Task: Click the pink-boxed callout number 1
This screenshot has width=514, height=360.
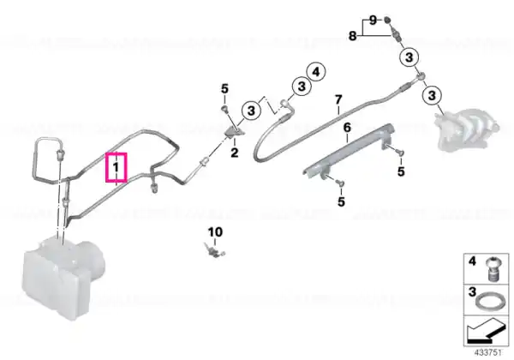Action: click(116, 167)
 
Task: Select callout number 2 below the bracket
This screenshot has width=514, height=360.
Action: click(235, 153)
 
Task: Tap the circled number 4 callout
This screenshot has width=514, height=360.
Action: click(316, 72)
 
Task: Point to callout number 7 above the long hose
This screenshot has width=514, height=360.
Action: click(338, 99)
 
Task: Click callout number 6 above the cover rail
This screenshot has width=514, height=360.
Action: click(347, 127)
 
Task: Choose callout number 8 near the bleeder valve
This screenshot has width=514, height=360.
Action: click(352, 35)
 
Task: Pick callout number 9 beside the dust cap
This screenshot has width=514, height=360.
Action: click(373, 21)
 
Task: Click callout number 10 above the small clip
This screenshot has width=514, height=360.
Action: click(215, 232)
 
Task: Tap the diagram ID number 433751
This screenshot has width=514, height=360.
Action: click(488, 353)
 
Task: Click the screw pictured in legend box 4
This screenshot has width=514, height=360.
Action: click(491, 269)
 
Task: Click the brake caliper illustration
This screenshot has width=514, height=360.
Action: click(465, 131)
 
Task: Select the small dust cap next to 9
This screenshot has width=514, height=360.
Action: click(387, 20)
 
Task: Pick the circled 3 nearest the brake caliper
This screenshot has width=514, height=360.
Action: click(432, 95)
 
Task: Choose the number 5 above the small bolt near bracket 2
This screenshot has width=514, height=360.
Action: click(224, 89)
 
